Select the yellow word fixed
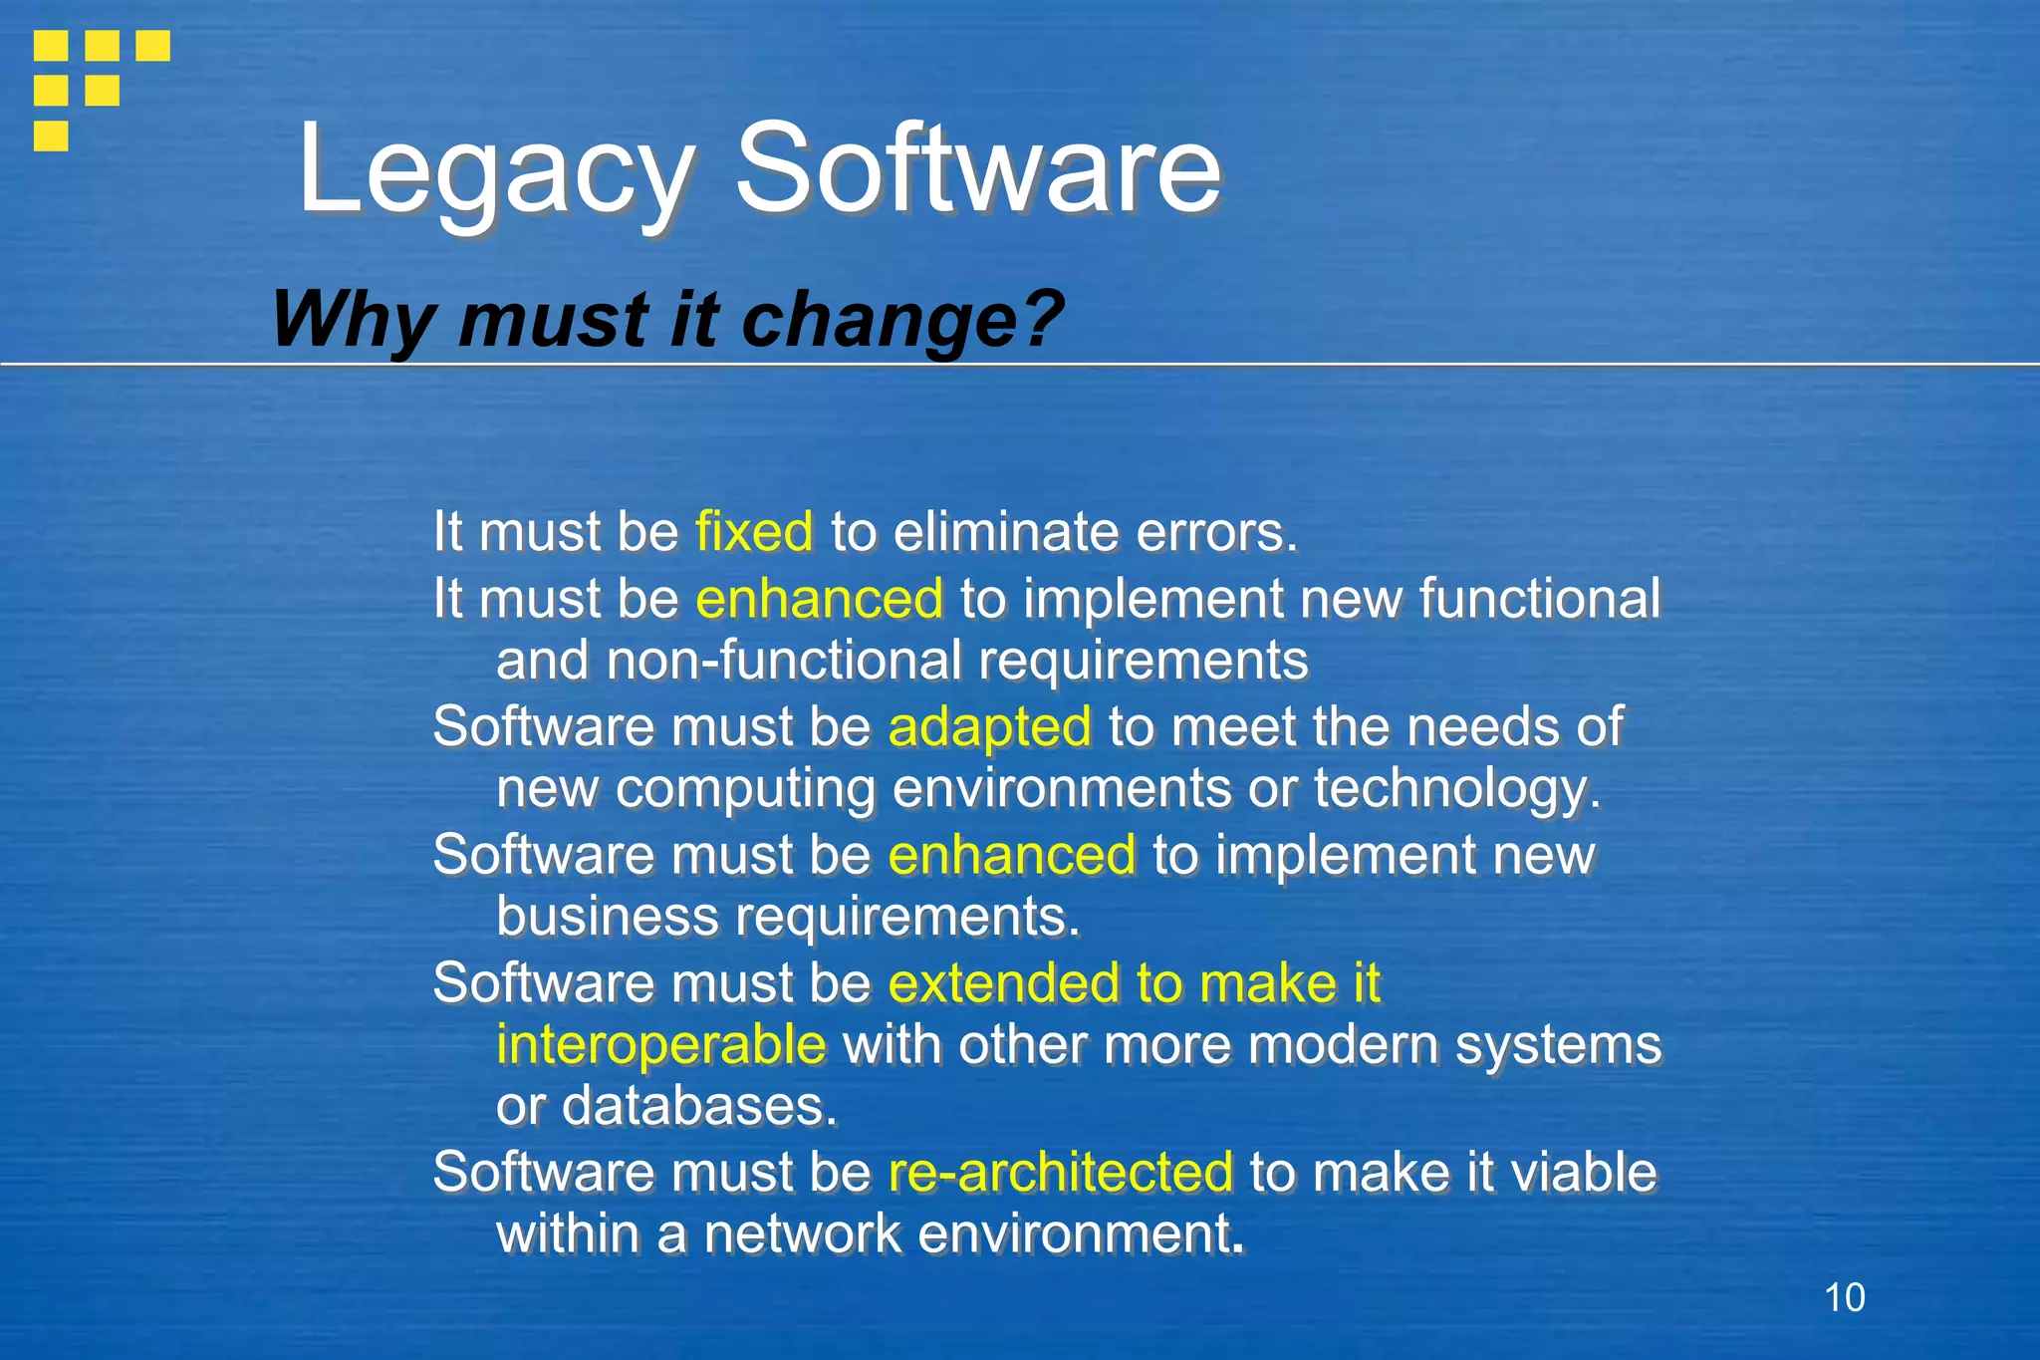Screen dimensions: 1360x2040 [x=754, y=531]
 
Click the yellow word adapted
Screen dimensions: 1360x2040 [x=989, y=726]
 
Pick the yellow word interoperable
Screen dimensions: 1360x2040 [x=660, y=1045]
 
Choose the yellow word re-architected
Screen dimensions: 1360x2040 [x=1060, y=1172]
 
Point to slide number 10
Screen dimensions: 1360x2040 [x=1844, y=1298]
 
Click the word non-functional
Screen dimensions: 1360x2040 [x=785, y=661]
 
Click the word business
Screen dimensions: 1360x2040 [x=607, y=917]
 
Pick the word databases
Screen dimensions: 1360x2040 [x=699, y=1107]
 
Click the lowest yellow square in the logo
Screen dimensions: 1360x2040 [x=51, y=136]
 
